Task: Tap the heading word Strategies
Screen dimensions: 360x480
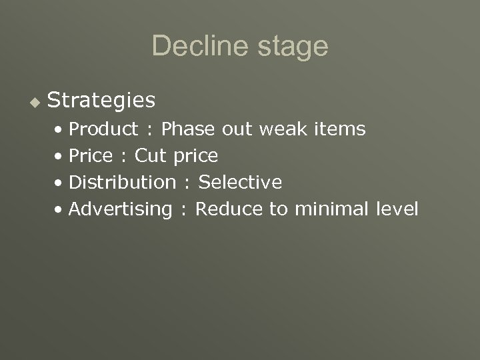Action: [x=102, y=101]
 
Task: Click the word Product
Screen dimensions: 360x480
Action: [x=104, y=129]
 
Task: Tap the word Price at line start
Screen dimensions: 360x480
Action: [x=91, y=155]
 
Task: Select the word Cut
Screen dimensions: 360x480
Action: [x=151, y=155]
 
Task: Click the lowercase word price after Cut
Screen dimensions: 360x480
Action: [x=195, y=157]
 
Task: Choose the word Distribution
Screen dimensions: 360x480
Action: [x=122, y=182]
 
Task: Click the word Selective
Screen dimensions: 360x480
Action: [x=241, y=182]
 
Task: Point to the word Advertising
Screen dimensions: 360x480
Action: [x=121, y=209]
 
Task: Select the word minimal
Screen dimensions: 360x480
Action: [x=327, y=209]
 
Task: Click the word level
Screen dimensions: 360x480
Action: [x=397, y=209]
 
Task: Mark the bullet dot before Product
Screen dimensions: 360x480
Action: [x=61, y=129]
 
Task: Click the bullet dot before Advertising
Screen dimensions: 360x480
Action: [x=61, y=209]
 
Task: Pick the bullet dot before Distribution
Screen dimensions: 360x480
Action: [x=61, y=183]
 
